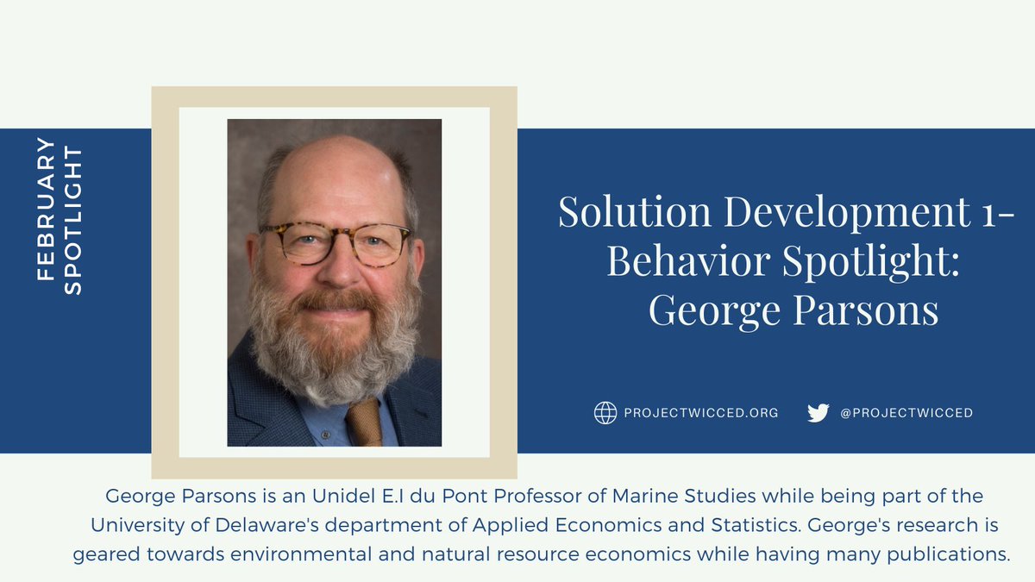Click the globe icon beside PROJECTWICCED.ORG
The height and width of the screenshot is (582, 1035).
[605, 413]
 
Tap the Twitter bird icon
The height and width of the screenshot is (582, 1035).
[818, 413]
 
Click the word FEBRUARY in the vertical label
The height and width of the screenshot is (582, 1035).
[47, 208]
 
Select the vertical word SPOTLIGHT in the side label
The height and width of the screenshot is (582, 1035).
[73, 221]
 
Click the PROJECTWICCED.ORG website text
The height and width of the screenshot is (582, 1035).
[701, 413]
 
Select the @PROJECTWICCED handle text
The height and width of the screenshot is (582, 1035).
[906, 413]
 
